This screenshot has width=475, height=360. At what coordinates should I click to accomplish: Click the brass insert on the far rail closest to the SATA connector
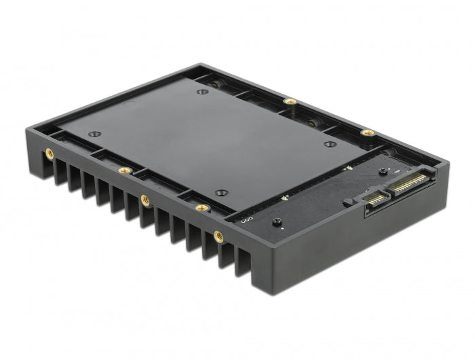click(366, 132)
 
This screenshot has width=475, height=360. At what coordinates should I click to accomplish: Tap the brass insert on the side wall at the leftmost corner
click(49, 154)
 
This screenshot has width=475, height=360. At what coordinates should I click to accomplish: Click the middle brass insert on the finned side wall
click(145, 199)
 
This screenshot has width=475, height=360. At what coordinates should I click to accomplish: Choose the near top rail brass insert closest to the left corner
click(123, 170)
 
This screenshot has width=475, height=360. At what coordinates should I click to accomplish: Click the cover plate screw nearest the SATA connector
click(329, 143)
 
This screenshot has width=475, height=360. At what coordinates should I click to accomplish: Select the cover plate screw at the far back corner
click(202, 90)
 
